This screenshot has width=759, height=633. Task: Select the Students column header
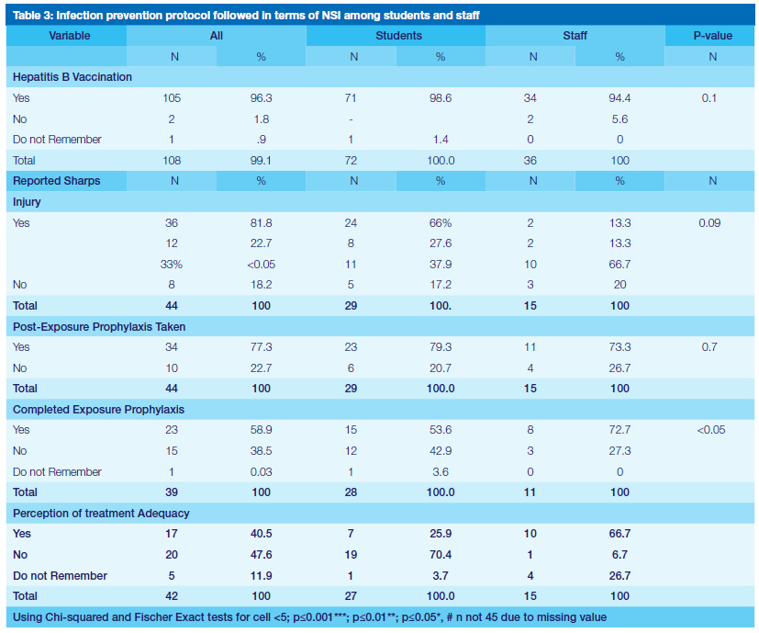pos(399,36)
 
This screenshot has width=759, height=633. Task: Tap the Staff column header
pos(575,36)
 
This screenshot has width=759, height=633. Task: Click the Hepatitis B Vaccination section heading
pos(73,77)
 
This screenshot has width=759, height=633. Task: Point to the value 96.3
pos(262,97)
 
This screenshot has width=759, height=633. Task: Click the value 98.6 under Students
pos(441,97)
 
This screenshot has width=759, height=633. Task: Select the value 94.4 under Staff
pos(619,97)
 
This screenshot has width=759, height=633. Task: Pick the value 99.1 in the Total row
pos(262,160)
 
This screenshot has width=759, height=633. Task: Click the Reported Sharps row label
pos(57,181)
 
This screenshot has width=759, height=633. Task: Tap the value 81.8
pos(262,222)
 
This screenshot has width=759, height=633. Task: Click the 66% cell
pos(441,222)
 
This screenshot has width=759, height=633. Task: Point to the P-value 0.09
pos(709,222)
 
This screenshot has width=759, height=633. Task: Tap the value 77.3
pos(262,347)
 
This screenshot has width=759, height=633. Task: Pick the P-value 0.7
pos(709,347)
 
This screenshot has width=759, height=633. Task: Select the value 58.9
pos(262,430)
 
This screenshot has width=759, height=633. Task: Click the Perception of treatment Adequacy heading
pos(101,513)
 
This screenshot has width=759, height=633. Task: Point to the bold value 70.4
pos(441,554)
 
